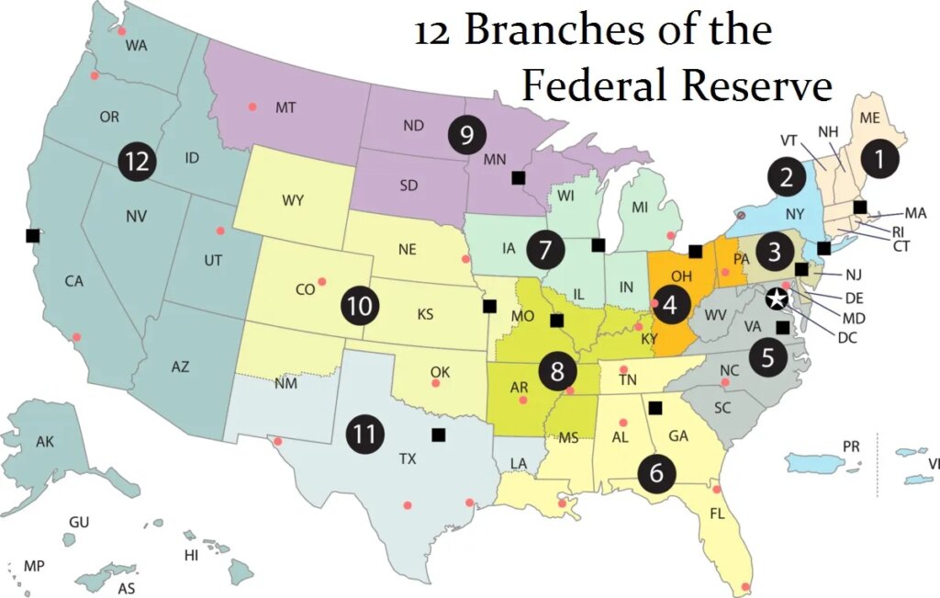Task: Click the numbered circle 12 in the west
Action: (137, 161)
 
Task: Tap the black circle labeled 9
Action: (466, 135)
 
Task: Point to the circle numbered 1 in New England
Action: (879, 159)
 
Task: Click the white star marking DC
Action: (777, 298)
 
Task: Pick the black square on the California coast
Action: (33, 235)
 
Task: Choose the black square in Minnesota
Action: (519, 176)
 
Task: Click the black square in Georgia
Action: (655, 408)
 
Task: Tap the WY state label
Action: (294, 201)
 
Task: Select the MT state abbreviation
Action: (285, 107)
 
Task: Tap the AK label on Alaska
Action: (45, 442)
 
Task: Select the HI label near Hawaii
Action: (192, 556)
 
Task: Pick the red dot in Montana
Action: (252, 107)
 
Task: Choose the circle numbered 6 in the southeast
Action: (656, 472)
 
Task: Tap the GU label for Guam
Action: (79, 522)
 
